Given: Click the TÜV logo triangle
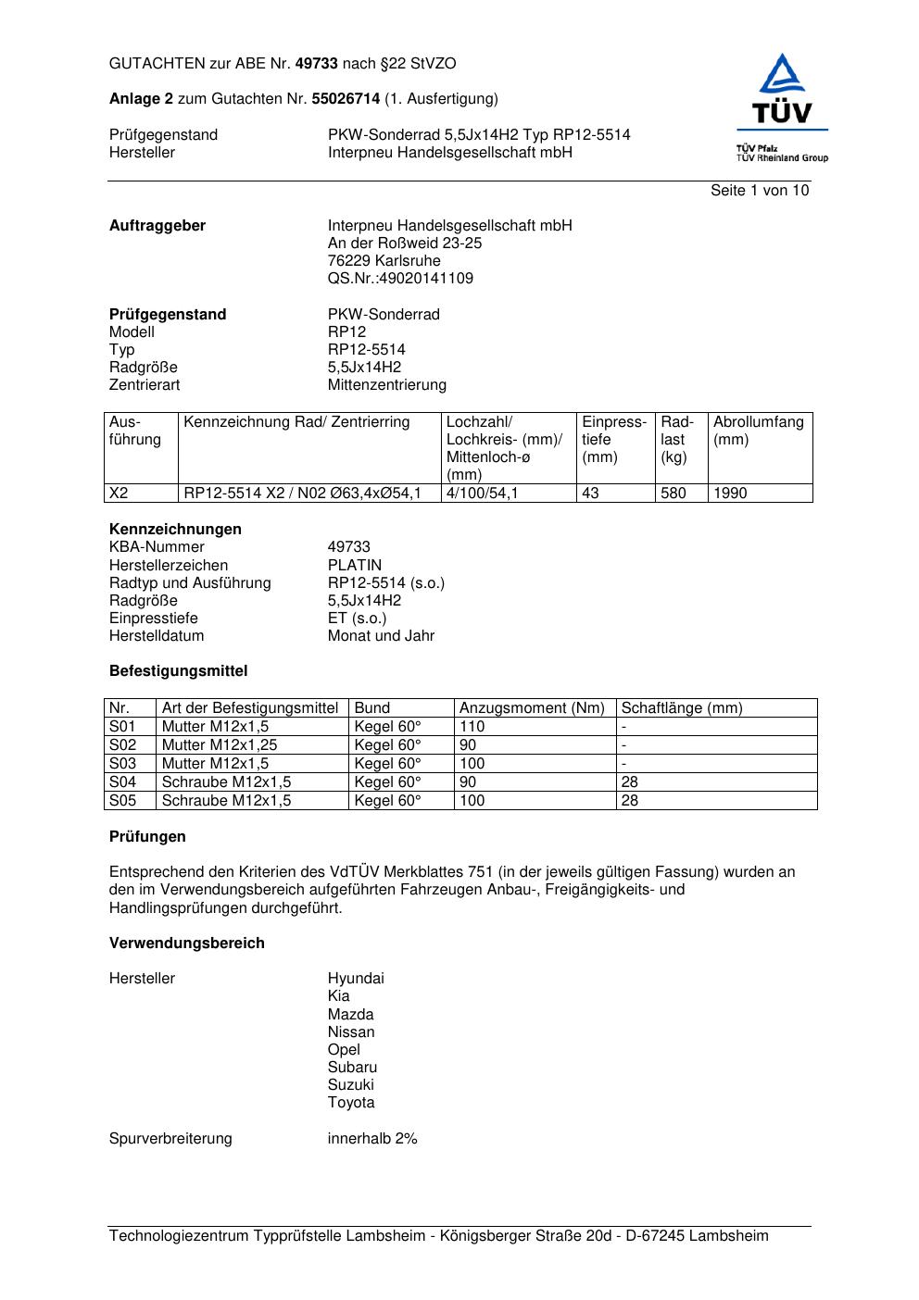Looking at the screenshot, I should (x=783, y=76).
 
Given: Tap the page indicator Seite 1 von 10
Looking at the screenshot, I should (x=759, y=191).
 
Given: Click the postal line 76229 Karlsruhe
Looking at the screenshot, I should (x=384, y=261).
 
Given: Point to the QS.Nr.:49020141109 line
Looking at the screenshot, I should (x=400, y=279).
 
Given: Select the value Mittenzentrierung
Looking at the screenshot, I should (x=386, y=385).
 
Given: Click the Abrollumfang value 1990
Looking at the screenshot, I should (x=730, y=494).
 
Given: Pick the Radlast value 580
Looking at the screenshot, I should (x=674, y=494).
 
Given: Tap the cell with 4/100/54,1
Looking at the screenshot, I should (x=482, y=494).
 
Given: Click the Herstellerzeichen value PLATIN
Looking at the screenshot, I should (x=354, y=566).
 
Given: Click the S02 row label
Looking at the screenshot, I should (x=122, y=745).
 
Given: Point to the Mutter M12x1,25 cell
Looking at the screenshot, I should (x=220, y=745).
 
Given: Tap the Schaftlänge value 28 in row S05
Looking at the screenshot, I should (x=629, y=801).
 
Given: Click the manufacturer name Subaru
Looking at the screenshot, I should (x=352, y=1068).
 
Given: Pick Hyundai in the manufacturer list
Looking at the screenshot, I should (x=355, y=979).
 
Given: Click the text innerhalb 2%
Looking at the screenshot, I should (x=372, y=1139).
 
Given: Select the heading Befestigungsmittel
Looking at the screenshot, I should (x=178, y=671).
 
